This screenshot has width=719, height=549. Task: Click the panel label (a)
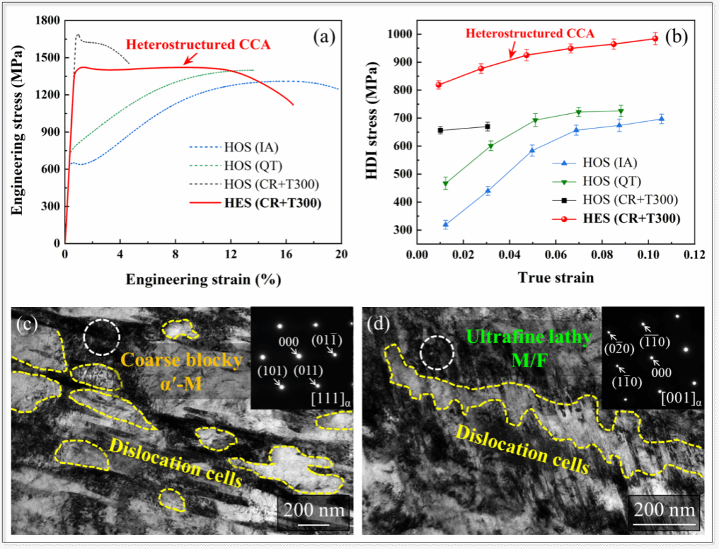click(x=324, y=38)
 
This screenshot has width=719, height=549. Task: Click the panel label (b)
click(x=676, y=38)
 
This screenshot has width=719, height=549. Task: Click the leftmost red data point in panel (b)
click(x=439, y=84)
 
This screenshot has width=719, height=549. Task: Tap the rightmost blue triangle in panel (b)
click(x=662, y=119)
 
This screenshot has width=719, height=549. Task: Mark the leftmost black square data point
click(x=440, y=130)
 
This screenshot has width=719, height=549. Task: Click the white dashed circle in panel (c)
click(x=102, y=336)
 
